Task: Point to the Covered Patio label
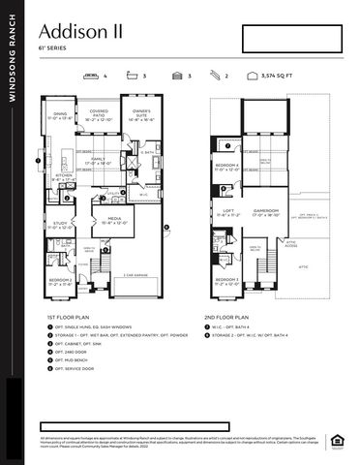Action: click(x=99, y=113)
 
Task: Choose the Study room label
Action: click(x=60, y=225)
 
